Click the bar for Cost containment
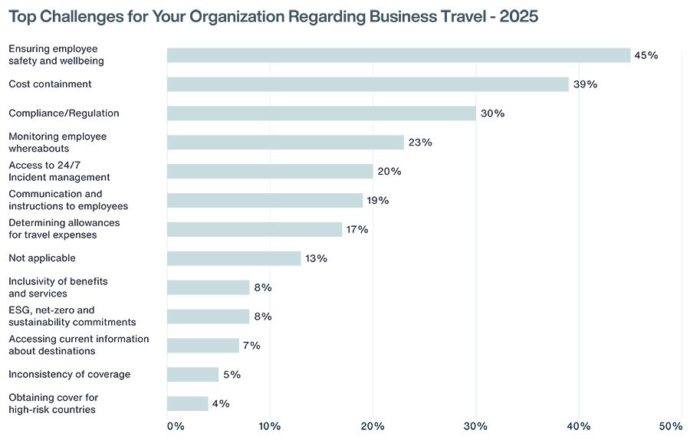tap(367, 84)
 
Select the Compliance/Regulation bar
tap(321, 113)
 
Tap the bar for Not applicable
tap(234, 258)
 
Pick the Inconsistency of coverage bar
tap(192, 375)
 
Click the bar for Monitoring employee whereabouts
tap(285, 143)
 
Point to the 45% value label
tap(646, 55)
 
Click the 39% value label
tap(585, 84)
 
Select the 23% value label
tap(420, 143)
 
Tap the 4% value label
tap(221, 404)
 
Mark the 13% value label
tap(316, 258)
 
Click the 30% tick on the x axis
tap(476, 426)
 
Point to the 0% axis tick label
tap(176, 426)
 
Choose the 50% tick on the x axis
tap(670, 426)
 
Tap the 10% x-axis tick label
tap(270, 426)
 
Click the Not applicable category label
tap(42, 258)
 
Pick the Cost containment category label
tap(50, 84)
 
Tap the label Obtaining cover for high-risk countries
tap(54, 404)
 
